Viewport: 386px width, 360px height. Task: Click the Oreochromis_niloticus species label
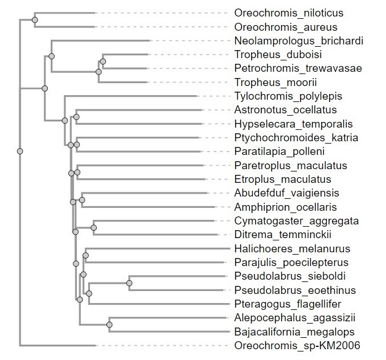tap(289, 13)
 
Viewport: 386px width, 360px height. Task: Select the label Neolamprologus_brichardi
tap(298, 41)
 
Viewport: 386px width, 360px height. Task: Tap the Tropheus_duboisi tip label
tap(278, 55)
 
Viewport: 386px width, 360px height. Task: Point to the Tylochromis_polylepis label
tap(288, 96)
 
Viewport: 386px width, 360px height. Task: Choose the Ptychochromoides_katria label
tap(296, 138)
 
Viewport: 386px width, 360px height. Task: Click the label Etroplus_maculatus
tap(282, 179)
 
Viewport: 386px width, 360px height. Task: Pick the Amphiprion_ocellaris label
tap(285, 207)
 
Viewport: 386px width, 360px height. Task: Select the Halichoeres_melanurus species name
tap(292, 249)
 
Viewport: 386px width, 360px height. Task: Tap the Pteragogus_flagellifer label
tap(288, 304)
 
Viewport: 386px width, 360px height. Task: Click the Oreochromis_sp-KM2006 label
tap(297, 345)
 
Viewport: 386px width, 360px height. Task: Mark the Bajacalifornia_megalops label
tap(294, 332)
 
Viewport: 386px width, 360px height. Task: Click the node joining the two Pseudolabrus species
tap(129, 283)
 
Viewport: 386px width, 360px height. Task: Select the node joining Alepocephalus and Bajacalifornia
tap(109, 325)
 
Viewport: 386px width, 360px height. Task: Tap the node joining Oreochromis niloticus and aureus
tap(35, 20)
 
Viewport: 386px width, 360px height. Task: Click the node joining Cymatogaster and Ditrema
tap(93, 228)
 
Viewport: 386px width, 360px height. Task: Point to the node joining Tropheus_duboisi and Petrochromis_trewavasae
tap(103, 62)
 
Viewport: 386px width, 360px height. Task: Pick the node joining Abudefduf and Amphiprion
tap(82, 200)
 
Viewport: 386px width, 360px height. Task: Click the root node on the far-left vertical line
tap(20, 151)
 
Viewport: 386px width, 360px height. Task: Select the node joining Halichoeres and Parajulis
tap(85, 255)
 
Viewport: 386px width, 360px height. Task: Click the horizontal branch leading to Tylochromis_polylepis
tap(131, 96)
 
